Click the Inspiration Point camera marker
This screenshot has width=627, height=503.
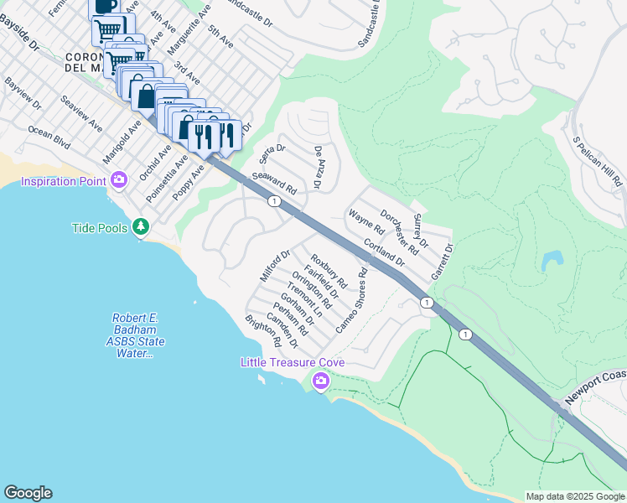point(119,180)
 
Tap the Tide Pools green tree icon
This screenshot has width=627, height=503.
point(142,227)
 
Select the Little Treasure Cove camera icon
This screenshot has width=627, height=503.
point(320,381)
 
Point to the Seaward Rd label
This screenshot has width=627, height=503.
point(274,182)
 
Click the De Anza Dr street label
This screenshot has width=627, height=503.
point(319,166)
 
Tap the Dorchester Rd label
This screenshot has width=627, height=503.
point(399,231)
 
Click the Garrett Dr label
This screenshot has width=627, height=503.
point(442,262)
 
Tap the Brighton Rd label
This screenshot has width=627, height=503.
point(262,331)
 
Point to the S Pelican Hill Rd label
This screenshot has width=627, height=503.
point(596,162)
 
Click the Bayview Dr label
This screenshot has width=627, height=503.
point(23,93)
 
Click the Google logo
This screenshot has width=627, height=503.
point(28,493)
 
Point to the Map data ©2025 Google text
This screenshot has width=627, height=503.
point(574,496)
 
